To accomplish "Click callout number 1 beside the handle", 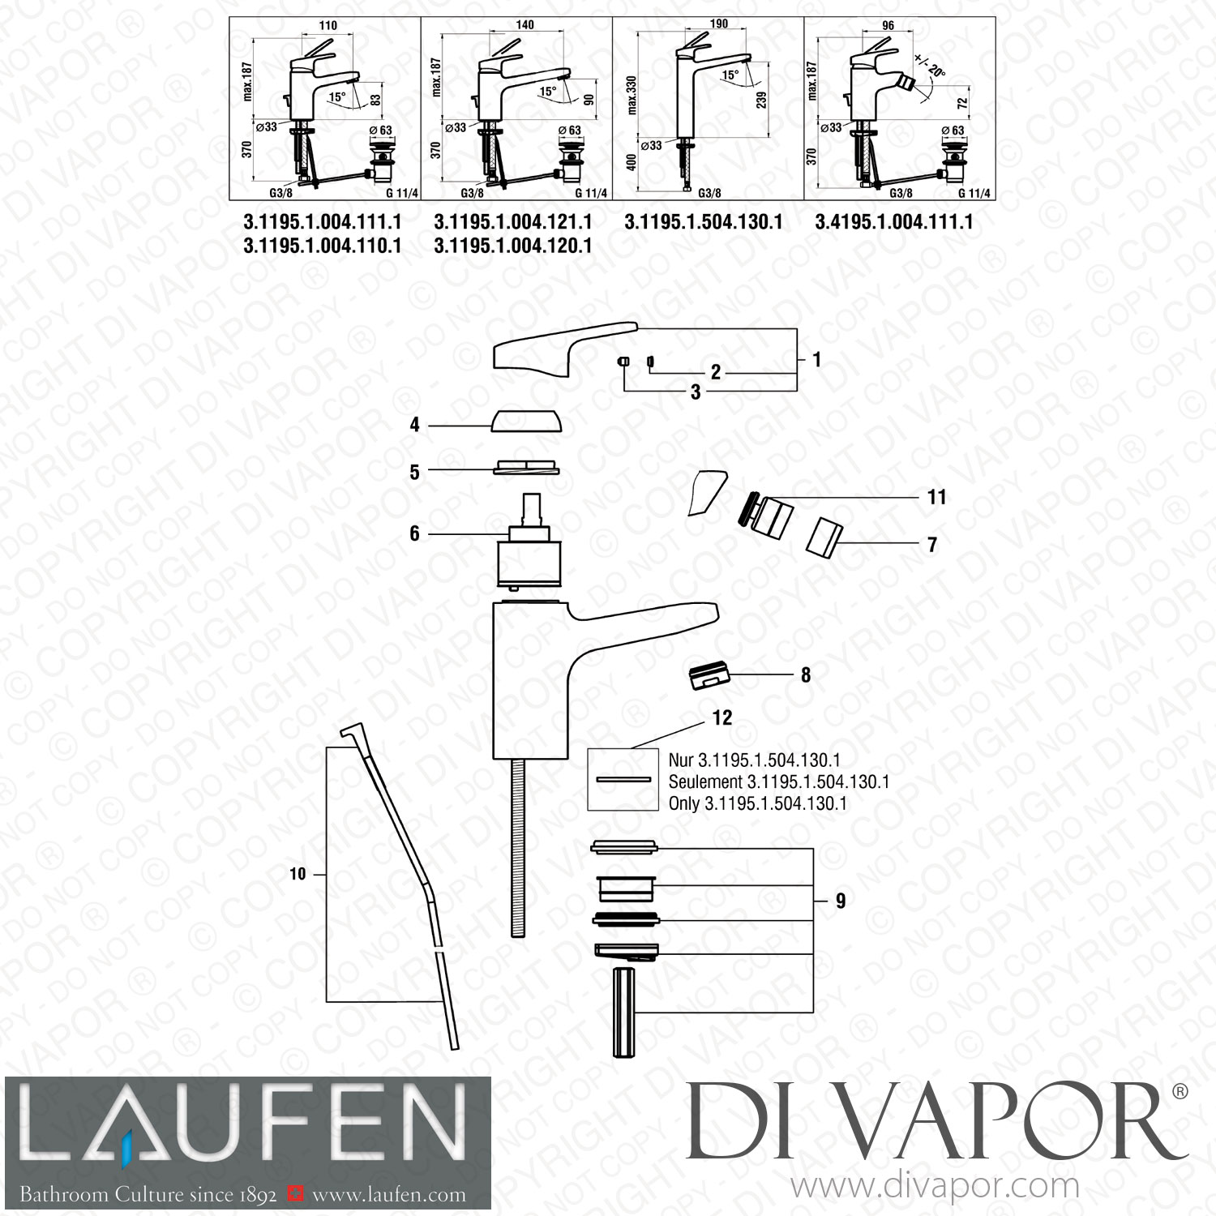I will click(816, 358).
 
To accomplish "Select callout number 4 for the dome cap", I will click(414, 425).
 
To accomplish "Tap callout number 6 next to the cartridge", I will click(414, 533).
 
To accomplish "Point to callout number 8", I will click(805, 674).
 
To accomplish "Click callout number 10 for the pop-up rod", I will click(298, 874).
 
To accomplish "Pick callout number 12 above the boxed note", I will click(721, 717).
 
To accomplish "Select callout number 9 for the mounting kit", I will click(840, 901).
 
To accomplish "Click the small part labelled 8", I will click(709, 676).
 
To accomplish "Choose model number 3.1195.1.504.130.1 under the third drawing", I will click(703, 221).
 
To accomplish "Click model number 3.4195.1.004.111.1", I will click(894, 221).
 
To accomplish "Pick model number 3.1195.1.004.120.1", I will click(512, 245).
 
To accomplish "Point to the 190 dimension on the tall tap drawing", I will click(718, 25).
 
